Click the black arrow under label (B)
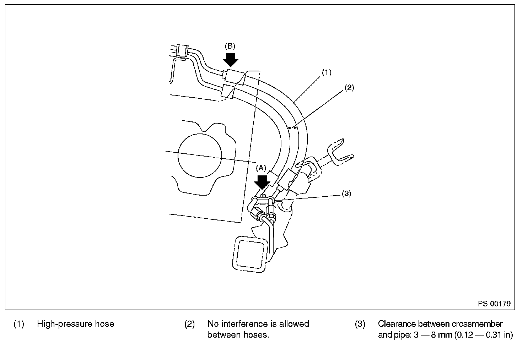coord(231,59)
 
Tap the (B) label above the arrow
coord(230,46)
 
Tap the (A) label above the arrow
coord(261,168)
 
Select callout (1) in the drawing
coord(327,72)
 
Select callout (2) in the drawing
coord(349,87)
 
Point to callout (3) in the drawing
coord(346,194)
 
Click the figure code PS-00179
coord(494,304)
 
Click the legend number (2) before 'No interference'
coord(189,324)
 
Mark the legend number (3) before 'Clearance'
coord(360,324)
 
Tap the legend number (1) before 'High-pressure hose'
coord(19,324)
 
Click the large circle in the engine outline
coord(200,156)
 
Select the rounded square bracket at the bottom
coord(249,255)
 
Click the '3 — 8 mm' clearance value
coord(433,335)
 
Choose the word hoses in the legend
coord(256,335)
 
